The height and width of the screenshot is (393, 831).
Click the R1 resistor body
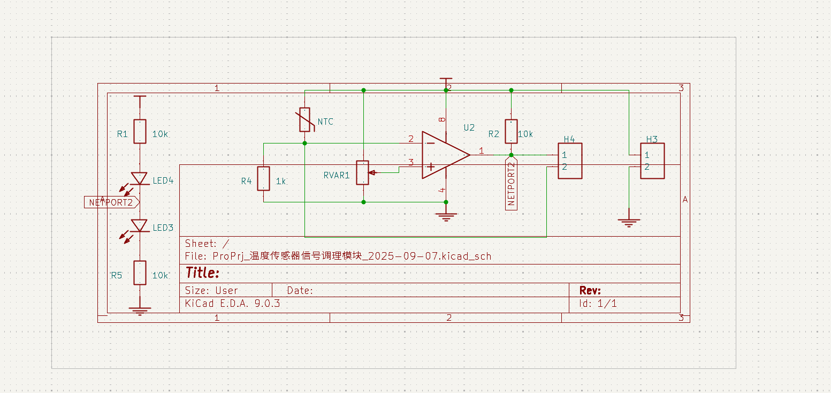pos(140,132)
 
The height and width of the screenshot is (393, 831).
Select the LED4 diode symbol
pos(140,179)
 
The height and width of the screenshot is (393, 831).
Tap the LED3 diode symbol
pos(140,225)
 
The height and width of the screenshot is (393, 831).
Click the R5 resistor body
pos(140,273)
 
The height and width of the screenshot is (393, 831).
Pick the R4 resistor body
pos(263,179)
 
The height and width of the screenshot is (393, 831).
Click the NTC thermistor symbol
pos(304,120)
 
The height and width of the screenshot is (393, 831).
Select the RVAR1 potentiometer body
pos(363,172)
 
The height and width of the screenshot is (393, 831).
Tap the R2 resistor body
pos(511,132)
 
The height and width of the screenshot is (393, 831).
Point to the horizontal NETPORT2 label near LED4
pos(111,202)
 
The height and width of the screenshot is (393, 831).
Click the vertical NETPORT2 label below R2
pos(511,184)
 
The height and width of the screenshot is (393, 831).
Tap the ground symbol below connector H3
pos(629,222)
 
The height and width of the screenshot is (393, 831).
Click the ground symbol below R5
pos(140,311)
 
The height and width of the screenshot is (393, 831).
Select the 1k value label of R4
pos(281,182)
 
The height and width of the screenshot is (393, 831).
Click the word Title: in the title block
pos(202,273)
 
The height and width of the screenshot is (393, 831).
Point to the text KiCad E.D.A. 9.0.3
pos(232,304)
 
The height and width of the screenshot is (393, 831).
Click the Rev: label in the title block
pos(590,291)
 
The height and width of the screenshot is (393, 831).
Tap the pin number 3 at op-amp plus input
pos(411,162)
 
